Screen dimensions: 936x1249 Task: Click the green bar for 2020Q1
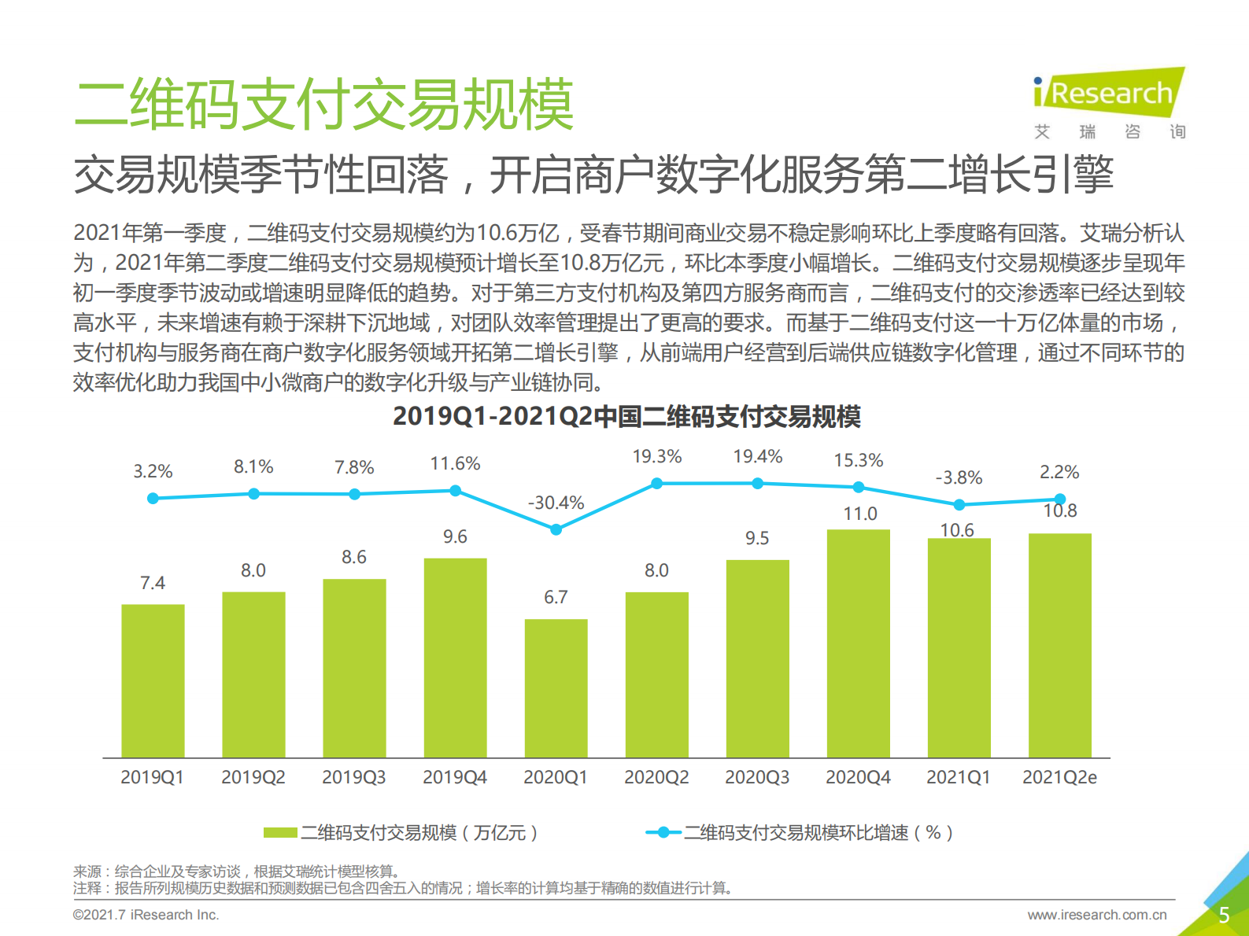tap(556, 688)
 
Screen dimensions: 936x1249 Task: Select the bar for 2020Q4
tap(858, 643)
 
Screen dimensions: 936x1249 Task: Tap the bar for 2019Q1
tap(153, 680)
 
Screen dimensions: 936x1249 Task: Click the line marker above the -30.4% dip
tap(556, 529)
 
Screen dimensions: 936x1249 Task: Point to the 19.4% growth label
tap(757, 457)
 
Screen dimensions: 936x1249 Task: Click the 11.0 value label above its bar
tap(859, 514)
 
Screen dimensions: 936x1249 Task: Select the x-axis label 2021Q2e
tap(1059, 777)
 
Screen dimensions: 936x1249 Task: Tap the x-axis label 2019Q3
tap(353, 777)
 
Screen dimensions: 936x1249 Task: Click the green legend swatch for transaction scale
tap(280, 832)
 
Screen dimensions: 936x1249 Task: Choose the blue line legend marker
tap(663, 832)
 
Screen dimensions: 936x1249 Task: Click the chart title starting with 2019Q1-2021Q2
tap(626, 416)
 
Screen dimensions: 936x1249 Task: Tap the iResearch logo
tap(1109, 93)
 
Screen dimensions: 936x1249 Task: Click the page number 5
tap(1223, 915)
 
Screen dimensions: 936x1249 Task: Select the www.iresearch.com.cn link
tap(1096, 915)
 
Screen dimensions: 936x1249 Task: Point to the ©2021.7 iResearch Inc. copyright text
tap(146, 915)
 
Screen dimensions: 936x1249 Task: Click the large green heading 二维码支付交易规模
tap(323, 104)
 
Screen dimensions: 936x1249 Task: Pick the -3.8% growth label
tap(959, 477)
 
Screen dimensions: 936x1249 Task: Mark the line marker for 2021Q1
tap(959, 504)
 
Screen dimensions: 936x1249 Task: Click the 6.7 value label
tap(556, 598)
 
